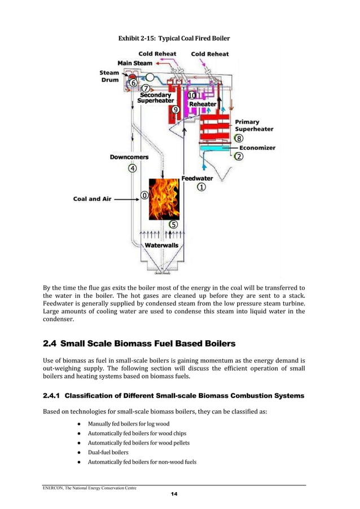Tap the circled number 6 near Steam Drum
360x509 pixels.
point(133,82)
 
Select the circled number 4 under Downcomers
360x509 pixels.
point(133,168)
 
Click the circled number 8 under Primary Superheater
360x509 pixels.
point(239,138)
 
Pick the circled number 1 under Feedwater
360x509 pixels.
point(201,188)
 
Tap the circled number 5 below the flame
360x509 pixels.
point(173,224)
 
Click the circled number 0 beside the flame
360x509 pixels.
point(144,195)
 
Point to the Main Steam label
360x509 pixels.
point(135,63)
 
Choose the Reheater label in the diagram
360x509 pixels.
point(202,104)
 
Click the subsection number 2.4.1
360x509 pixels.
point(54,396)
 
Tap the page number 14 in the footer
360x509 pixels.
point(174,494)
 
